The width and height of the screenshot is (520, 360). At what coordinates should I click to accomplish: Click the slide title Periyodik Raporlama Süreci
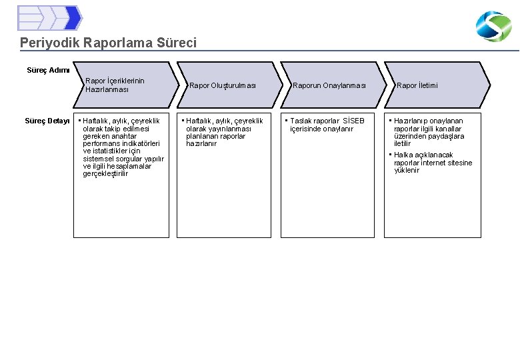click(108, 43)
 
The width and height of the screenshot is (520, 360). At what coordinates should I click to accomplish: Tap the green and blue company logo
click(493, 27)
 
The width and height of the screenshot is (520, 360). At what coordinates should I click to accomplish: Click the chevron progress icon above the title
click(49, 18)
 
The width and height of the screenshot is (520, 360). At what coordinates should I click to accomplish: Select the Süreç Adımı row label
click(48, 70)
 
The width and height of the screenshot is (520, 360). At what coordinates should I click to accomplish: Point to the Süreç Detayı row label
click(47, 121)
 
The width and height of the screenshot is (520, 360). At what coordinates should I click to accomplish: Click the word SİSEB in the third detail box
click(353, 121)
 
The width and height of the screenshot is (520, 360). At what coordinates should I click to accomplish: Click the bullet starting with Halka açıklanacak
click(432, 163)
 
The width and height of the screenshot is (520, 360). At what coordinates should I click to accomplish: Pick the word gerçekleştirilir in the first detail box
click(105, 173)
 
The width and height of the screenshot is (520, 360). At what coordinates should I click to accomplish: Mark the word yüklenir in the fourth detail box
click(407, 170)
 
